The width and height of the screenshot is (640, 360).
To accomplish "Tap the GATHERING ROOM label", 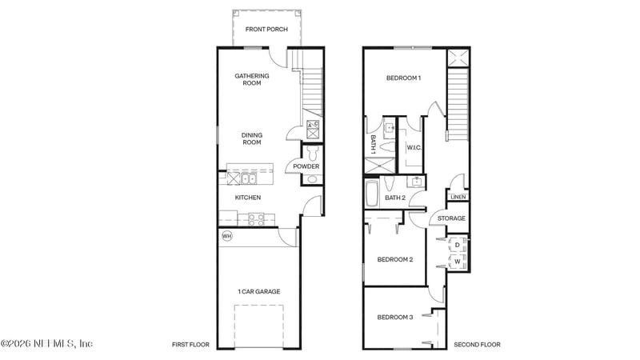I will (252, 79).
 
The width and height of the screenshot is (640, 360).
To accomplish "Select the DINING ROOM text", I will (252, 138).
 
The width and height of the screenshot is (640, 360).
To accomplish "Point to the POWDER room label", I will (306, 166).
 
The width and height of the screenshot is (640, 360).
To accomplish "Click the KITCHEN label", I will (247, 198).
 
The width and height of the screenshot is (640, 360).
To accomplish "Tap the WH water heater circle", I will (226, 236).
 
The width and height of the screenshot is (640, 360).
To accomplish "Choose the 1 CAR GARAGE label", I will (258, 292).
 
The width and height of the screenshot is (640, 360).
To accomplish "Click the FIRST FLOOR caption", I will (190, 345).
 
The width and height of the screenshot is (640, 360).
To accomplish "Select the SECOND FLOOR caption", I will (477, 345).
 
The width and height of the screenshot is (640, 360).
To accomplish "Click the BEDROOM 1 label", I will (403, 78).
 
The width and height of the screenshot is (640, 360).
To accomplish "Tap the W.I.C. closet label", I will (414, 147).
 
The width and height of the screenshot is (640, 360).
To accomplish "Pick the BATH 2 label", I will (396, 198).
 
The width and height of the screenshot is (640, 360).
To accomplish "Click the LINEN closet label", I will (458, 197).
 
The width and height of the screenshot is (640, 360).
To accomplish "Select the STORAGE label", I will (452, 218).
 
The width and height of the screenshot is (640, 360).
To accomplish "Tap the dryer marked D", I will (457, 245).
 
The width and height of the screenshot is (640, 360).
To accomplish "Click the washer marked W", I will (457, 261).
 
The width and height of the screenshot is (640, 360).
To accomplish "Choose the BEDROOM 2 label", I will (395, 259).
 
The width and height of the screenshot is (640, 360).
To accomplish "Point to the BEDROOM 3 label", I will (395, 318).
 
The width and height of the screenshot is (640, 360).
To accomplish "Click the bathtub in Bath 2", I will (374, 194).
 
